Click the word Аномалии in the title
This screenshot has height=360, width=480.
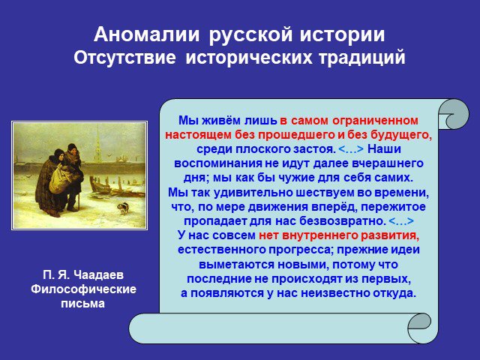click(147, 34)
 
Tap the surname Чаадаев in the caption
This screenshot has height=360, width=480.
click(98, 275)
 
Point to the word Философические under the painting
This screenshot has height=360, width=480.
click(83, 289)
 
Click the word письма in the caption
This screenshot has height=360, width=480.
click(83, 304)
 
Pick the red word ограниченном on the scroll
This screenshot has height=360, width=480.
click(375, 121)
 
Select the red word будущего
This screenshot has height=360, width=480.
click(401, 135)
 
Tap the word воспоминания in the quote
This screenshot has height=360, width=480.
click(217, 163)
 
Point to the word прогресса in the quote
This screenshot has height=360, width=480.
click(301, 250)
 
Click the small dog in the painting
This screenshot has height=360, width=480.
click(123, 208)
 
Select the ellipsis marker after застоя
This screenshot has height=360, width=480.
click(351, 149)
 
